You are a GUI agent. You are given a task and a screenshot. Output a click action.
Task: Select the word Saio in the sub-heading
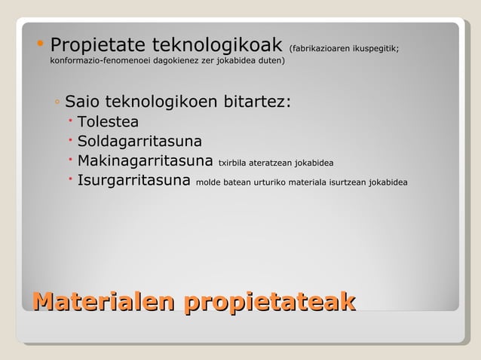tap(81, 102)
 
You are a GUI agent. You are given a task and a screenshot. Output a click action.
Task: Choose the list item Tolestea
tap(108, 122)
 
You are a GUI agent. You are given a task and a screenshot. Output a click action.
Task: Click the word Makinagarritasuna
tap(146, 161)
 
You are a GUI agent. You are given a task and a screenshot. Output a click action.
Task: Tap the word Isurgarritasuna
tap(133, 182)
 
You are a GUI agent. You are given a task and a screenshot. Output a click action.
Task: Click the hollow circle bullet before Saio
tap(57, 102)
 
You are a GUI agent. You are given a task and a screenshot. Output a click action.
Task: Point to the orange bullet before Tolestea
tap(69, 121)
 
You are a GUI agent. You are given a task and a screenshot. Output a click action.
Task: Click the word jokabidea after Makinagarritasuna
tap(314, 163)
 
